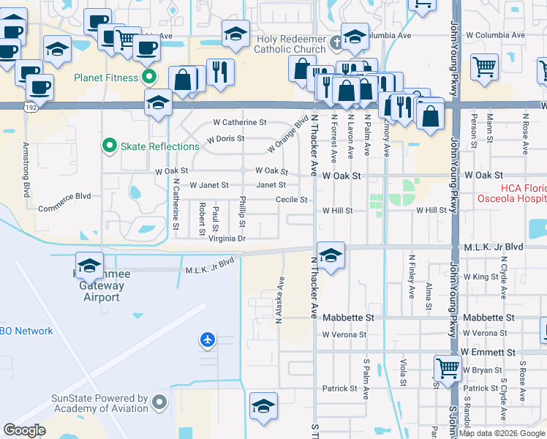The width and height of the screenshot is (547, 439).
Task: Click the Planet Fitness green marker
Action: (149, 77)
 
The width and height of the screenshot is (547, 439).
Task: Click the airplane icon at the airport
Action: (208, 339)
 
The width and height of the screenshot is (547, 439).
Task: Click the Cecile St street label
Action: (291, 200)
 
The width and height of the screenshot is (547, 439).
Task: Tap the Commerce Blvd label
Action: (64, 196)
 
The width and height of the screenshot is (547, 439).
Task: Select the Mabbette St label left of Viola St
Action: (349, 318)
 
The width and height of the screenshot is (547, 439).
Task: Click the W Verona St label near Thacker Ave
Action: (344, 334)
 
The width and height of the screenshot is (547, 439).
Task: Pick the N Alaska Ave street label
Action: (279, 300)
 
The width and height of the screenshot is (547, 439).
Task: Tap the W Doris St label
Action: (225, 138)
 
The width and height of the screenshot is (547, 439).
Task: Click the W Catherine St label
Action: (240, 122)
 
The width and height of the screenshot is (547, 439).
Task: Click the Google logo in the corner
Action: (24, 429)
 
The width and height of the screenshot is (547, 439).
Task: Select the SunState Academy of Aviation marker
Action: (159, 402)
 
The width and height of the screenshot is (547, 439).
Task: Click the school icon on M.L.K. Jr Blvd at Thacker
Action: (331, 256)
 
